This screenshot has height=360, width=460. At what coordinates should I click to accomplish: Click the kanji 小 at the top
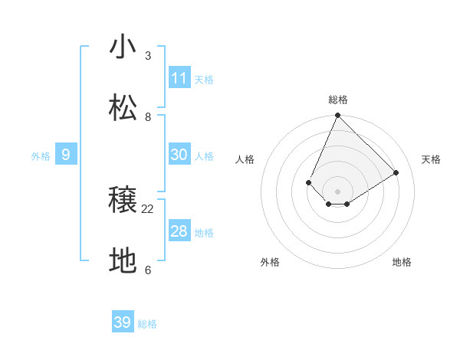(x=123, y=47)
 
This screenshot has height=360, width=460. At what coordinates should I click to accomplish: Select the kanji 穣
(x=123, y=201)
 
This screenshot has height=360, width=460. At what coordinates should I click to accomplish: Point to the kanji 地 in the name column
(x=123, y=261)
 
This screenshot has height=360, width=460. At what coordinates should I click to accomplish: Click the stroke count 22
(x=148, y=208)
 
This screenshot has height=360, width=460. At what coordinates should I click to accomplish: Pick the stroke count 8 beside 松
(x=148, y=116)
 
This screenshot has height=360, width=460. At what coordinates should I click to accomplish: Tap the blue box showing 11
(x=179, y=78)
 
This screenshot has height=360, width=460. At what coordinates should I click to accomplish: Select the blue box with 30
(x=179, y=155)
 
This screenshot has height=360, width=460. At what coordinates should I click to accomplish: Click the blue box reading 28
(x=179, y=231)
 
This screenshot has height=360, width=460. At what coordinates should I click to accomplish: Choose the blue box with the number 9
(x=66, y=155)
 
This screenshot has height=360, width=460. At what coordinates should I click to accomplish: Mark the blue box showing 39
(x=123, y=322)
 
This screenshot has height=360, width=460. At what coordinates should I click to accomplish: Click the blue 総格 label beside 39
(x=147, y=324)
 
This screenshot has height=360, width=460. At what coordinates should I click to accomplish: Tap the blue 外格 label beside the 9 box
(x=41, y=156)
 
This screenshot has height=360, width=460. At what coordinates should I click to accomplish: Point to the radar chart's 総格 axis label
(x=337, y=100)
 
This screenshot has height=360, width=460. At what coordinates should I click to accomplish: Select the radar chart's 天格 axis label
(x=431, y=159)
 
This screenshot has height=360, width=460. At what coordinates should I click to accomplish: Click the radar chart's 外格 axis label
(x=270, y=262)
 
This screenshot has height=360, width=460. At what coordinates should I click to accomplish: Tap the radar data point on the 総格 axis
(x=337, y=116)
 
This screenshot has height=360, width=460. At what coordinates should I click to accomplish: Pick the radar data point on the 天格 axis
(x=396, y=173)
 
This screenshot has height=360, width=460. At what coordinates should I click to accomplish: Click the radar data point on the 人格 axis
(x=308, y=182)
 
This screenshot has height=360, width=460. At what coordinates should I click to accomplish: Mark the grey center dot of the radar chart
(x=337, y=191)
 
